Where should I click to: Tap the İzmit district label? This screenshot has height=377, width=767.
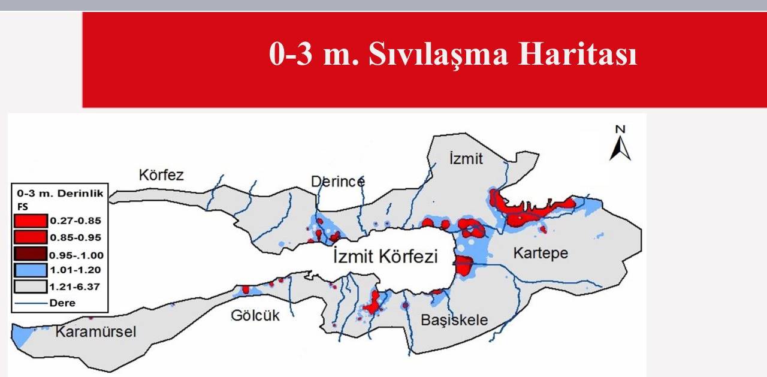[x=466, y=158]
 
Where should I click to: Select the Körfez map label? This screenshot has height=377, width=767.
[x=161, y=176]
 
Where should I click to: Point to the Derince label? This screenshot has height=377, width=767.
[x=337, y=181]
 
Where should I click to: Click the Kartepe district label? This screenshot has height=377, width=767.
[x=540, y=254]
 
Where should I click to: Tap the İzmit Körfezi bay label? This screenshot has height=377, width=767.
[x=385, y=257]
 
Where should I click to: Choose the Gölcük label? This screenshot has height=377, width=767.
[x=256, y=315]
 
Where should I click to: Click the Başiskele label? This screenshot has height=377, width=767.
[x=454, y=319]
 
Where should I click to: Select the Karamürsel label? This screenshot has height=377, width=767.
[x=96, y=331]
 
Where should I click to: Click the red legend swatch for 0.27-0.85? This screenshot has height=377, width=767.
[x=30, y=221]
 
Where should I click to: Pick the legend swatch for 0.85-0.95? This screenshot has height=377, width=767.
[x=30, y=237]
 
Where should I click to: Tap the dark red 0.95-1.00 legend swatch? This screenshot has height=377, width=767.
[x=30, y=254]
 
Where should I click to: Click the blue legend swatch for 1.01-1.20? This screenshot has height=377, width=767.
[x=30, y=270]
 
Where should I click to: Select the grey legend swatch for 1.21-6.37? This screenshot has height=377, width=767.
[x=30, y=286]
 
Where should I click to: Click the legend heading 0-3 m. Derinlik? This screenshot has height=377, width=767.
[x=59, y=194]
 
